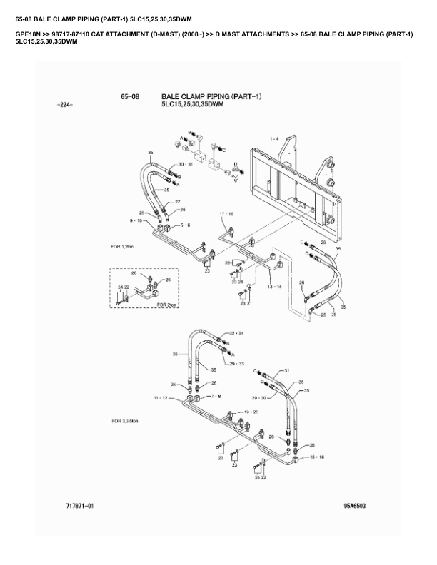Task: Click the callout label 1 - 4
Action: [275, 137]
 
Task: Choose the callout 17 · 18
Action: [227, 213]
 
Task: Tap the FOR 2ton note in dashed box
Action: [167, 304]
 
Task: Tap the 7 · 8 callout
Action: [215, 395]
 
